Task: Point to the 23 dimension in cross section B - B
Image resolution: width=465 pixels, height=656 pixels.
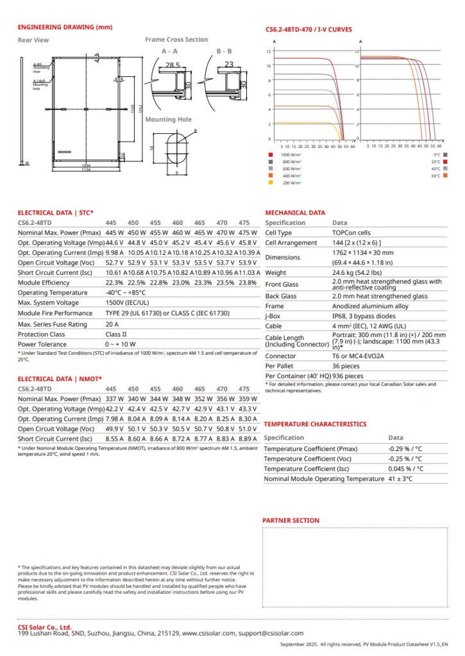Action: (229, 64)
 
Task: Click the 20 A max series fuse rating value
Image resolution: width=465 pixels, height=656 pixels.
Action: (113, 324)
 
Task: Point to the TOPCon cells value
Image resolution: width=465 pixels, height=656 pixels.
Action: (351, 233)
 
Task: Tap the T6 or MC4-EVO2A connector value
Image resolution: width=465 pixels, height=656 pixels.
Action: (359, 356)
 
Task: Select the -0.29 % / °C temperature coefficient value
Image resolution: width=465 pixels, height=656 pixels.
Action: (404, 448)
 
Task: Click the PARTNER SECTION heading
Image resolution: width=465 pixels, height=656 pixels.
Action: (291, 521)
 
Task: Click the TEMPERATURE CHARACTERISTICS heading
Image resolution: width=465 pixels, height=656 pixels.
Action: (315, 424)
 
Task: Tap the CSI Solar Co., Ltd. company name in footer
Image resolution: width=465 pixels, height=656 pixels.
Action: (44, 627)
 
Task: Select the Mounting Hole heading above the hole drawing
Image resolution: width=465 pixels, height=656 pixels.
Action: (168, 119)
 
